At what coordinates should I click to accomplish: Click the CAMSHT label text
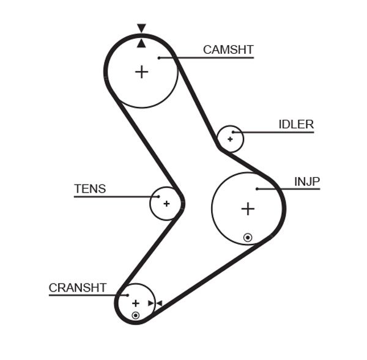[228, 50]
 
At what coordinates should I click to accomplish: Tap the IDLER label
[296, 125]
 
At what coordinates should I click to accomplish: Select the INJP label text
[307, 182]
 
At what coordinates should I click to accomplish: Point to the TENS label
[90, 189]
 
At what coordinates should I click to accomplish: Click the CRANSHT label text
[78, 287]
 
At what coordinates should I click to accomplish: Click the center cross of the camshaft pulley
[141, 72]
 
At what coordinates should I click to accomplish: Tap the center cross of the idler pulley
[230, 139]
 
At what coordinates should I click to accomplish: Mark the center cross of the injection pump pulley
[247, 209]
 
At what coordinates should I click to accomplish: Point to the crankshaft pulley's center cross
[135, 303]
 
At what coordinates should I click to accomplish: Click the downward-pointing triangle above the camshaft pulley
[141, 28]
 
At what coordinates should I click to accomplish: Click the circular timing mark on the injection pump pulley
[247, 237]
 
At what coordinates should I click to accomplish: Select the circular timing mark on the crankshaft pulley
[135, 315]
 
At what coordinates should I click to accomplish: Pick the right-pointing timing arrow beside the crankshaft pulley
[150, 303]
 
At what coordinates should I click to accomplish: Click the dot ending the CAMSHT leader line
[158, 58]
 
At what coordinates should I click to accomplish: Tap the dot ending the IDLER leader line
[233, 132]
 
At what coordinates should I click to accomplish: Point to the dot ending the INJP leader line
[257, 189]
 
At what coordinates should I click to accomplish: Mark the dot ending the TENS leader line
[158, 197]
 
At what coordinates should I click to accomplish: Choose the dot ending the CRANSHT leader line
[127, 295]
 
